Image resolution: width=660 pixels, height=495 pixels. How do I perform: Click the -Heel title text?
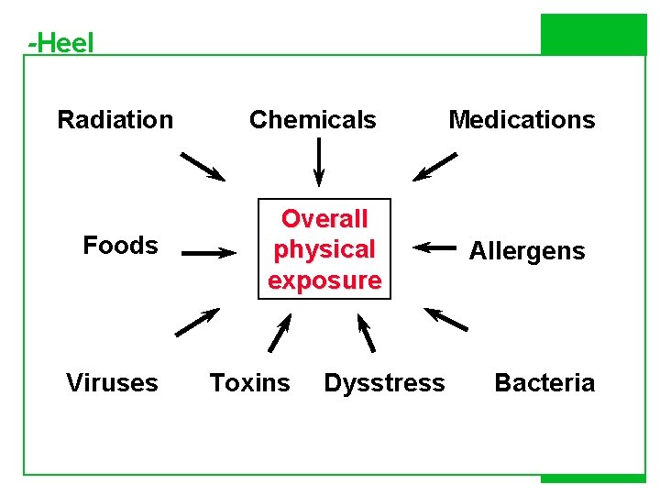click(61, 42)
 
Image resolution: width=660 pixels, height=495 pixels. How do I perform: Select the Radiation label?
click(115, 120)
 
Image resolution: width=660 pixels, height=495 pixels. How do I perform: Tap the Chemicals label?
click(313, 120)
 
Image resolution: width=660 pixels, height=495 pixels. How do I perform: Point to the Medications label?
click(522, 120)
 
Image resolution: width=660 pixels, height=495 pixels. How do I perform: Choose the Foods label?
click(120, 246)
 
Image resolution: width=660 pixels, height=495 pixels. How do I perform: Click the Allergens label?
click(527, 251)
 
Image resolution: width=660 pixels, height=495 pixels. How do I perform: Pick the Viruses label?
click(112, 383)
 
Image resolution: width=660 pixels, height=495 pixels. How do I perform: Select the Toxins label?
click(249, 383)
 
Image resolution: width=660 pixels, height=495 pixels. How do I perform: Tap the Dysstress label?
click(384, 383)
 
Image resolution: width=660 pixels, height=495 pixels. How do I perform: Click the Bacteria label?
click(544, 383)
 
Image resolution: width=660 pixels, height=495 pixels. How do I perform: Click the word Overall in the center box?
click(324, 219)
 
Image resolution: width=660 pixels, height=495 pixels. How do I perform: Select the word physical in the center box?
click(324, 249)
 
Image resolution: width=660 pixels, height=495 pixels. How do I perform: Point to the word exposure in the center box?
click(324, 280)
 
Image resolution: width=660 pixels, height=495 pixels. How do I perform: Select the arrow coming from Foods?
click(208, 253)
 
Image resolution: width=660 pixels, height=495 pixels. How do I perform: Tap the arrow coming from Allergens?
click(434, 247)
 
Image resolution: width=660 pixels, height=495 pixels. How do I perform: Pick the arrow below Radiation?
click(202, 166)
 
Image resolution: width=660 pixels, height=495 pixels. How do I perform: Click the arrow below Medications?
click(434, 167)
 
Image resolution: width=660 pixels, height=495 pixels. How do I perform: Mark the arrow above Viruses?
click(196, 322)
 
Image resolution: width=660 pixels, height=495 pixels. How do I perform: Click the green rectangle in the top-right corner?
click(593, 35)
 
